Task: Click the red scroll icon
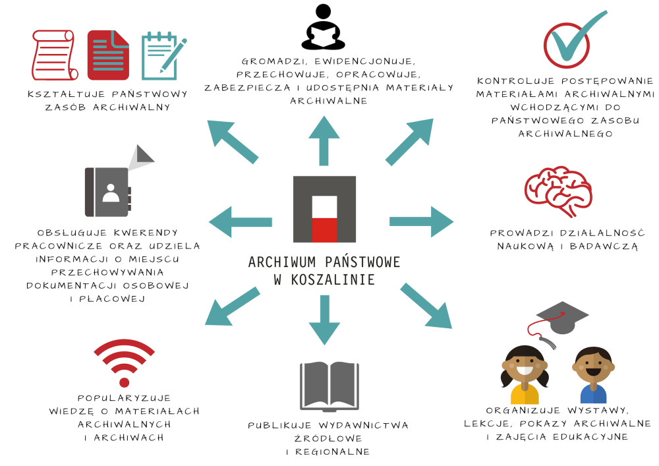tap(55, 55)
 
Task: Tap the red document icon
tap(108, 55)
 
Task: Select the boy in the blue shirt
tap(592, 374)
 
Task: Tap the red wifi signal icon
tap(124, 364)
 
